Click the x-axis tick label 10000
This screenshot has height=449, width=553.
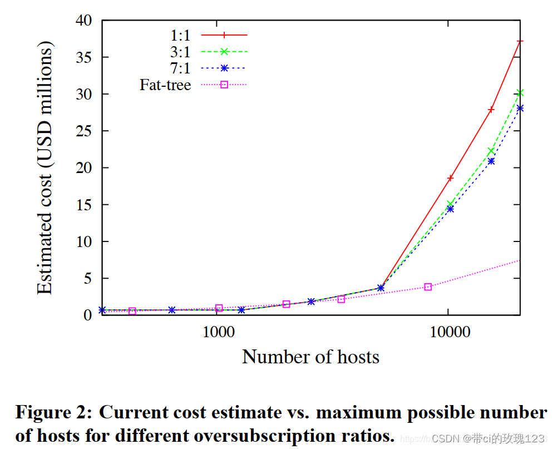[x=448, y=332]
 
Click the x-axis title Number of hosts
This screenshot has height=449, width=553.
[x=310, y=357]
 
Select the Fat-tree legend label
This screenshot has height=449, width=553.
[x=165, y=85]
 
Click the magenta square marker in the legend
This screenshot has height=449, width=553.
[x=224, y=85]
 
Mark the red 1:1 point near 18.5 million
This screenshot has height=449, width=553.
[x=450, y=178]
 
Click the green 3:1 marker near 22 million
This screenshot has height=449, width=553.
[x=491, y=151]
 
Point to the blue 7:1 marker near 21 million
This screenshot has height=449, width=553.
[x=491, y=161]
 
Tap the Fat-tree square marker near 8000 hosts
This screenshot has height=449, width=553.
[x=428, y=287]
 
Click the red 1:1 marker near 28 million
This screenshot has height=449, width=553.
[x=491, y=110]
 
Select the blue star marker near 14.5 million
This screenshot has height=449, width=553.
[x=450, y=209]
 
